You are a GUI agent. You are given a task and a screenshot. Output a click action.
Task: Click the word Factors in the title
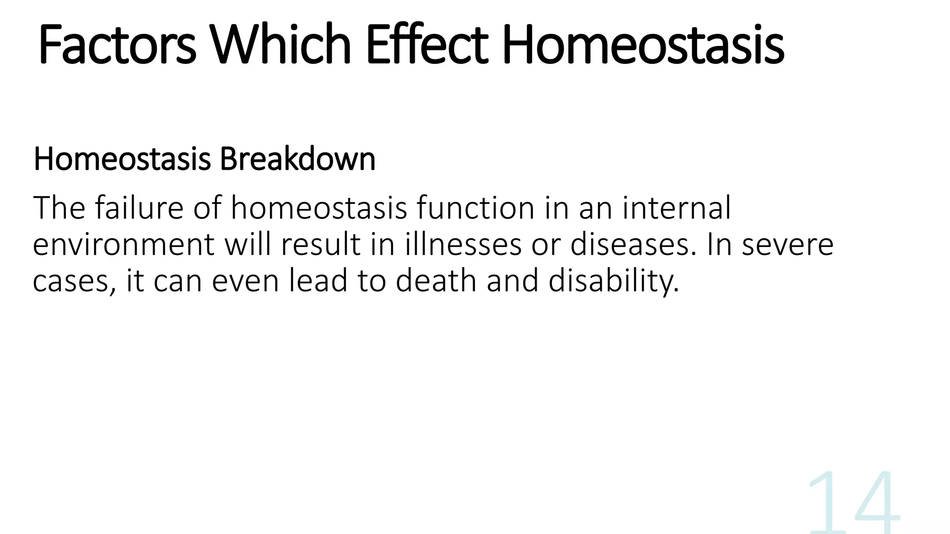point(117,45)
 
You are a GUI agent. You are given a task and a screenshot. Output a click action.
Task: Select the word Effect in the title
point(427,45)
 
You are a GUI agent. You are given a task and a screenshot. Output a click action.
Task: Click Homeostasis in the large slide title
point(643,45)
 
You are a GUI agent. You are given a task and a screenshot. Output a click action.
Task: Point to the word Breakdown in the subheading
point(297,159)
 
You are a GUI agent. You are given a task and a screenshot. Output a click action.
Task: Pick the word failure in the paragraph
point(139,208)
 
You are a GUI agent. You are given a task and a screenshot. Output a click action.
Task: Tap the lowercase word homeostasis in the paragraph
point(319,208)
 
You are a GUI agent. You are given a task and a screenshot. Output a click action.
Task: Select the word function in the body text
point(475,208)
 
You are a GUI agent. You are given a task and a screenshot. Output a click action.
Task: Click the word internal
point(676,208)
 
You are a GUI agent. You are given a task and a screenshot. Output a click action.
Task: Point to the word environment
point(123,245)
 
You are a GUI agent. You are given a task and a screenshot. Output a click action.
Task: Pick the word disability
point(613,282)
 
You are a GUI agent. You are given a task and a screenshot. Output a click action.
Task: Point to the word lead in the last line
point(318,281)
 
